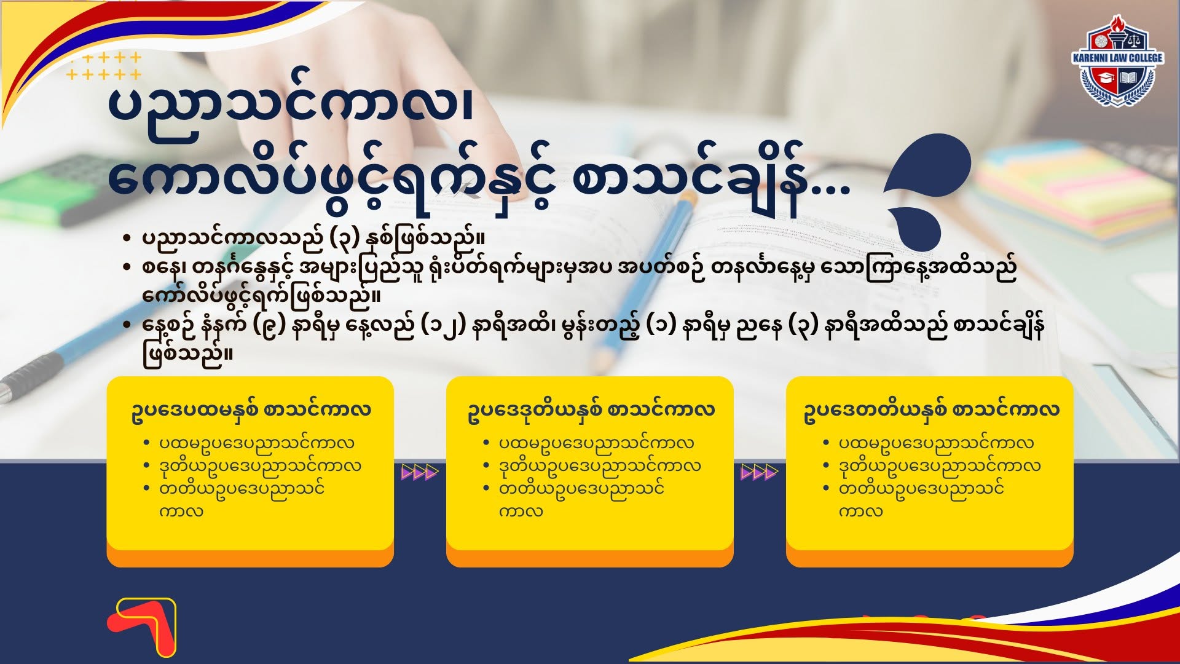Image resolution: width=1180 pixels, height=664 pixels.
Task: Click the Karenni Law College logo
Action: pyautogui.click(x=1117, y=61)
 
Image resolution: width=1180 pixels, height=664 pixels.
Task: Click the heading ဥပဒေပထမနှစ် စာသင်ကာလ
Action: pyautogui.click(x=251, y=410)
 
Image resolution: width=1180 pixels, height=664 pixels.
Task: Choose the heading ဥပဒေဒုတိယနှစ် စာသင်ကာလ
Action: pyautogui.click(x=591, y=410)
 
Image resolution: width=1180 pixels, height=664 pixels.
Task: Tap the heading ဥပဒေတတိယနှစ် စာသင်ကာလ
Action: pyautogui.click(x=931, y=410)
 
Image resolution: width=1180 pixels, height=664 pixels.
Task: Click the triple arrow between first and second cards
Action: pyautogui.click(x=420, y=472)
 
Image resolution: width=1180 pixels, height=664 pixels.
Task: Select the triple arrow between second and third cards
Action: pyautogui.click(x=760, y=472)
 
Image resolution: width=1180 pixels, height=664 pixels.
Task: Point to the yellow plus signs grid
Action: pyautogui.click(x=104, y=66)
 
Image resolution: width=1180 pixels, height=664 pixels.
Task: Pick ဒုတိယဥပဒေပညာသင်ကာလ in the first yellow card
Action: pyautogui.click(x=261, y=466)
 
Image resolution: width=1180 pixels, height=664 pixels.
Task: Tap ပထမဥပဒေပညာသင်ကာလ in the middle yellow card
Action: pyautogui.click(x=596, y=443)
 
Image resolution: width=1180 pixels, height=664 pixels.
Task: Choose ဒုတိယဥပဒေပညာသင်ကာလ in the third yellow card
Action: pyautogui.click(x=940, y=466)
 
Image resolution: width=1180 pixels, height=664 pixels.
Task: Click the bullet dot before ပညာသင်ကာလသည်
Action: pyautogui.click(x=127, y=239)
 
